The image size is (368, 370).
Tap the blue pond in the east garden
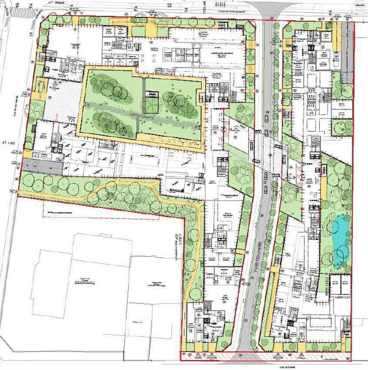[x=340, y=240]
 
